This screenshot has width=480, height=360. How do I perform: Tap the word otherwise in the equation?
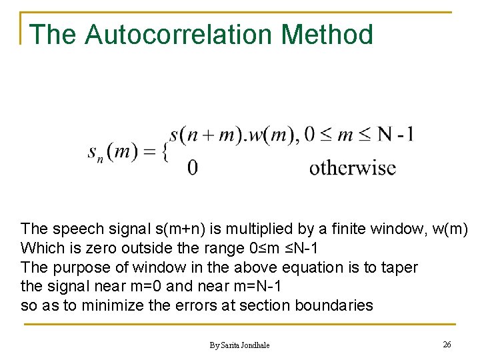(352, 167)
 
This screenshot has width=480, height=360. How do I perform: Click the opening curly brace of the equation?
(163, 151)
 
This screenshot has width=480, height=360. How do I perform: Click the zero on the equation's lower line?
(192, 167)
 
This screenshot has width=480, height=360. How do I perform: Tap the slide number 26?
(447, 344)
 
